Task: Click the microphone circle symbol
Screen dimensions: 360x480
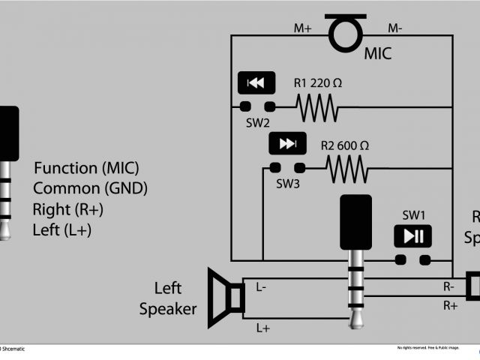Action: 346,34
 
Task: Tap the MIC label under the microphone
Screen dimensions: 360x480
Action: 378,55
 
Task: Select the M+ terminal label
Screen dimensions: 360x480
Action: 302,28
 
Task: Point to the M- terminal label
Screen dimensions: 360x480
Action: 394,28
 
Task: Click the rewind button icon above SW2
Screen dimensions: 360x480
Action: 256,82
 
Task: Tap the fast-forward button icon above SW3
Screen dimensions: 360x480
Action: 287,144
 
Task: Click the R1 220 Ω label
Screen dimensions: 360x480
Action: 318,82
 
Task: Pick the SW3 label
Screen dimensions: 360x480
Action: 287,183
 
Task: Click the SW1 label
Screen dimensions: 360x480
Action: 413,216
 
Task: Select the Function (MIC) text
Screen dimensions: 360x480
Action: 87,167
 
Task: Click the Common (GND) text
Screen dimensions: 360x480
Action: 90,187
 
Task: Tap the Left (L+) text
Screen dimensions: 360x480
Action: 62,229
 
